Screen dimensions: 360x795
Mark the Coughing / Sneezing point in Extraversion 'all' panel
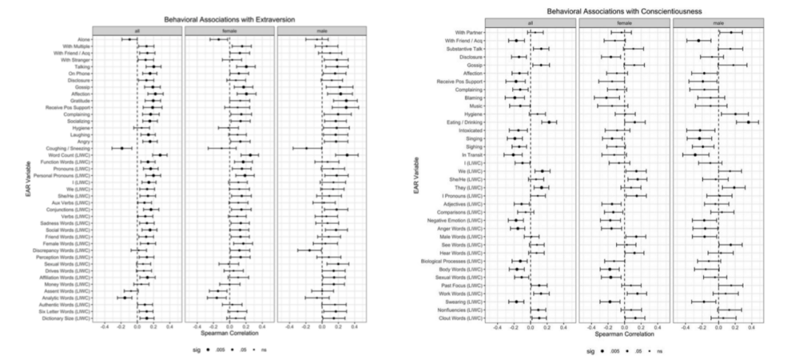coord(122,148)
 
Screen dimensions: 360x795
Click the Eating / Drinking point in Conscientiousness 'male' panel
coord(749,121)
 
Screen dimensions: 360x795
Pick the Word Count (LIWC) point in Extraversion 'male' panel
coord(347,155)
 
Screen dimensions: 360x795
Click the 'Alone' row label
coord(84,39)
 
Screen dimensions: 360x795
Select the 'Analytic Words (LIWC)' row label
coord(71,298)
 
